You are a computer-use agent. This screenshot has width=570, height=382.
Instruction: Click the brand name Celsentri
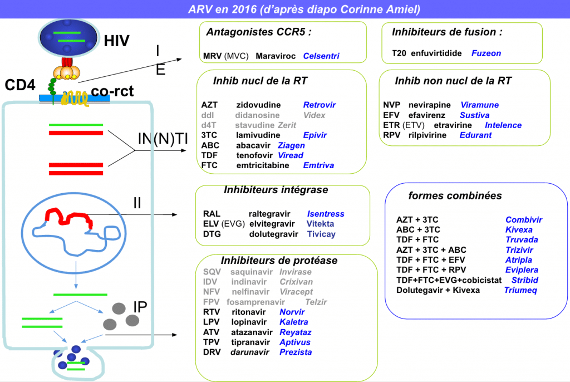[321, 56]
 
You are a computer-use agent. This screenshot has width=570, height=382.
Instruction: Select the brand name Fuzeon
[486, 53]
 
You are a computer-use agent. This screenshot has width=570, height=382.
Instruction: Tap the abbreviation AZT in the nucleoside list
[209, 105]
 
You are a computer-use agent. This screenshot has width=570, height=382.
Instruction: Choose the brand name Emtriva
[318, 165]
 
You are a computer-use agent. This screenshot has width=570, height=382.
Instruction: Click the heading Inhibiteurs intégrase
[276, 190]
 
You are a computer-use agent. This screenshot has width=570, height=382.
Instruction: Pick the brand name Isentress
[326, 214]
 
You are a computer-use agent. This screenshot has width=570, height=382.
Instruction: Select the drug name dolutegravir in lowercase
[274, 234]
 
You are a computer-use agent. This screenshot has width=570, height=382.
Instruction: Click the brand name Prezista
[296, 352]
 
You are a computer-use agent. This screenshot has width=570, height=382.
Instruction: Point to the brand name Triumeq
[520, 290]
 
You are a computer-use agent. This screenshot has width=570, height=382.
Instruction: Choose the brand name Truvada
[522, 240]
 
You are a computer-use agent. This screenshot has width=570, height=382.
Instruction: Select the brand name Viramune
[479, 105]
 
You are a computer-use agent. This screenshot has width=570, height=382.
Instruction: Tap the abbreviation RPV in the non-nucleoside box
[392, 135]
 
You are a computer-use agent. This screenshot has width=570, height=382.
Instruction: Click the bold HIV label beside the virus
[116, 41]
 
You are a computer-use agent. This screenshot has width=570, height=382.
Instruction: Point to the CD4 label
[20, 85]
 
